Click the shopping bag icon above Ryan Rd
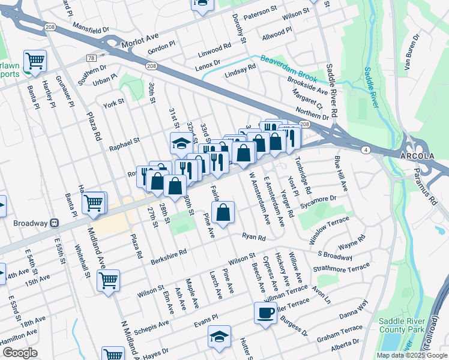(x=223, y=213)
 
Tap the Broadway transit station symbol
(x=55, y=223)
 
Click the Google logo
(x=20, y=353)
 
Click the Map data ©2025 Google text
(x=411, y=355)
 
